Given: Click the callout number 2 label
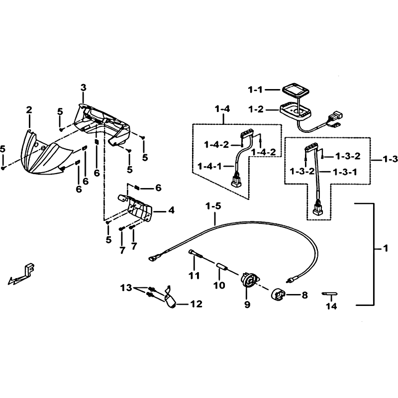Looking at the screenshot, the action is pos(29,110).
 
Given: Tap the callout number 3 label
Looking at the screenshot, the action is pos(83,88).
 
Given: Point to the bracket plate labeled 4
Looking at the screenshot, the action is pos(135,207).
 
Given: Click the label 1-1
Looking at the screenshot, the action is pos(255,90).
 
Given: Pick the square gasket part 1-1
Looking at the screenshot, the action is pos(295,90).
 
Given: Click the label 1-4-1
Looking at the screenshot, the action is pos(209,167).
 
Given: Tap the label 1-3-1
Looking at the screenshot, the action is pos(345,172).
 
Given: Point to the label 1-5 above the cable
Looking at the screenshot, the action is pos(214,206).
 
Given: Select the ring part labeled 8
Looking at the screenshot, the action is pos(278,295).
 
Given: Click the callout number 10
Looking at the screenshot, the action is pos(219,285).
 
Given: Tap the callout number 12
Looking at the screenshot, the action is pos(196,303).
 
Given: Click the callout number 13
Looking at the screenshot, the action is pos(126,288).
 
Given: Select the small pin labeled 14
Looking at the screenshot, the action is pos(329,294).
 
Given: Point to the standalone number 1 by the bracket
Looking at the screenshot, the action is pos(386,248).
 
